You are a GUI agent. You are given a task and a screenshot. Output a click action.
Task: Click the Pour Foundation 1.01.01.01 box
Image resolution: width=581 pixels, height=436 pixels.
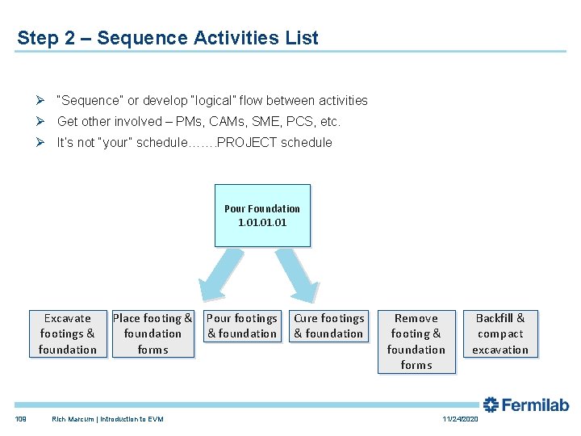click(x=262, y=215)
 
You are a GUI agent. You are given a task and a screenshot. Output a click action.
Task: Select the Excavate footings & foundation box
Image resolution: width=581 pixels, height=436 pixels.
click(x=68, y=333)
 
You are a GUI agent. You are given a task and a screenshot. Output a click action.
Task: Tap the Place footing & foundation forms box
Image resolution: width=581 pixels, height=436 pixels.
click(x=153, y=333)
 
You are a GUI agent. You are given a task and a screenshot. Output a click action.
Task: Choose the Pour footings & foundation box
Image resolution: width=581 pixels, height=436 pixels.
click(x=242, y=325)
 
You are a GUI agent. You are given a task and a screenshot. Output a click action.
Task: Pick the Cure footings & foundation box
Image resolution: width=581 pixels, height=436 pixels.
click(x=328, y=325)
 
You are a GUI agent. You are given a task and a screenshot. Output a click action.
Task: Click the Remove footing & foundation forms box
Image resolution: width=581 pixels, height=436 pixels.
click(x=416, y=342)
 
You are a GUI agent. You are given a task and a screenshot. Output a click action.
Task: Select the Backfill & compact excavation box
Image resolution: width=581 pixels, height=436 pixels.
click(x=500, y=333)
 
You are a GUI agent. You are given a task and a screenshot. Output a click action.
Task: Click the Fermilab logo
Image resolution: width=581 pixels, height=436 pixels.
click(x=526, y=405)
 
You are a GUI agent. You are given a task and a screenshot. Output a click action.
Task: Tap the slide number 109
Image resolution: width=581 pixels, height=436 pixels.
click(x=20, y=419)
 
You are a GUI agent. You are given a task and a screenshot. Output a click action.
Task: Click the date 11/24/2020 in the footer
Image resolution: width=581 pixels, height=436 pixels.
click(x=460, y=419)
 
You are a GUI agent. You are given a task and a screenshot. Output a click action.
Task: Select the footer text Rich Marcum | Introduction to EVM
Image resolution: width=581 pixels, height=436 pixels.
click(x=107, y=419)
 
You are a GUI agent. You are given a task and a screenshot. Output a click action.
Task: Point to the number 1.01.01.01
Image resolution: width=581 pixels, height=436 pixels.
click(x=262, y=222)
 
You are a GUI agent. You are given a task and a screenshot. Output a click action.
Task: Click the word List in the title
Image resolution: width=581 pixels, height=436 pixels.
click(x=302, y=38)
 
